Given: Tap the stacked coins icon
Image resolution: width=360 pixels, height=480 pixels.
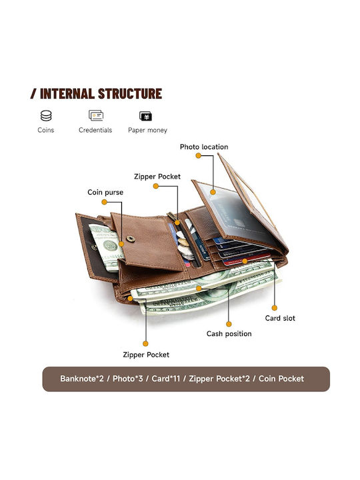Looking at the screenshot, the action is (x=46, y=116).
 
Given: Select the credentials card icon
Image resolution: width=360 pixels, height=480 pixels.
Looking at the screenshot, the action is (x=96, y=115).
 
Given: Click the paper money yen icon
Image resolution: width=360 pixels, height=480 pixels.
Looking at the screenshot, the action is (x=146, y=116).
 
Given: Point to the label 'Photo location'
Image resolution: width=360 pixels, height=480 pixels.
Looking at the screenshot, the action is (x=204, y=147).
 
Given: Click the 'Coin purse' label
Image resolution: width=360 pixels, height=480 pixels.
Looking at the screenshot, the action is (x=105, y=192).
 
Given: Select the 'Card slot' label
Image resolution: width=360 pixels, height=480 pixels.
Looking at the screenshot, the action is (x=280, y=318).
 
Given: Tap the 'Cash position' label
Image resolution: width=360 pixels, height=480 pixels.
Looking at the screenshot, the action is (x=229, y=334).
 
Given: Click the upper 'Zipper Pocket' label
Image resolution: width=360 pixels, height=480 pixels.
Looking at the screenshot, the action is (x=157, y=177).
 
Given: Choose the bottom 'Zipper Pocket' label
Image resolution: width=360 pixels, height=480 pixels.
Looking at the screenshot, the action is (x=146, y=355).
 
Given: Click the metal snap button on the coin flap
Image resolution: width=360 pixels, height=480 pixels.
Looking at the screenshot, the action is (x=131, y=239).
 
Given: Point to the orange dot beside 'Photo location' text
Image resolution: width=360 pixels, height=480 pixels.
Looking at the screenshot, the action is (x=199, y=155).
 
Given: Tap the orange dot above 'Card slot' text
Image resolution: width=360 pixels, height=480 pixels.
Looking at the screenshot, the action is (x=275, y=307).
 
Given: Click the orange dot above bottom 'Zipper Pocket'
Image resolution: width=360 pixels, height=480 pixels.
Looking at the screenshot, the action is (x=146, y=344).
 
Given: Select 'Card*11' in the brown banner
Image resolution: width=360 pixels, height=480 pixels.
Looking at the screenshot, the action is (x=166, y=379).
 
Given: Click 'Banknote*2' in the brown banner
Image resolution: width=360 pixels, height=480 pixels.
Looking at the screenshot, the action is (x=82, y=379).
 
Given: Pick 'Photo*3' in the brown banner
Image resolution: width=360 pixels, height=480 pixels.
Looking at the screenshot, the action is (x=127, y=379).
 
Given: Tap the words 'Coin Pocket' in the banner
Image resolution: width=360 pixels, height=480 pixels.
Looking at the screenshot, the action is (x=281, y=379).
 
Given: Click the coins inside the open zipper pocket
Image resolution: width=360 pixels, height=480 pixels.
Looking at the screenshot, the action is (x=184, y=245).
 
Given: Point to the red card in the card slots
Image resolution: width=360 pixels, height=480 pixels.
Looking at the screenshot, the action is (x=247, y=259).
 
